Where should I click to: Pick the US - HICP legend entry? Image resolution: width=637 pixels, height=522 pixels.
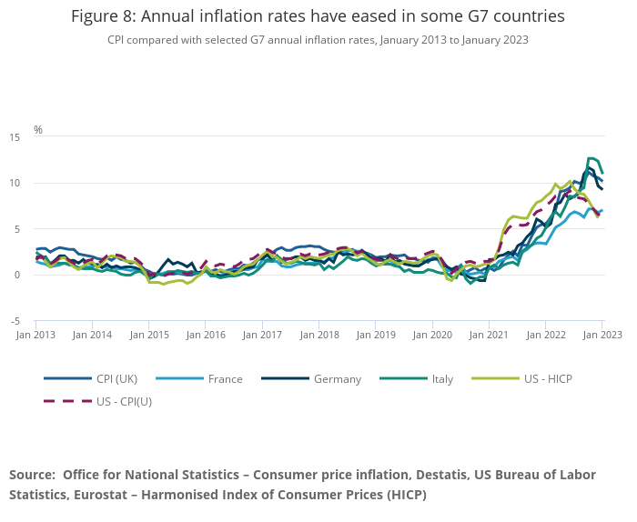click(x=543, y=379)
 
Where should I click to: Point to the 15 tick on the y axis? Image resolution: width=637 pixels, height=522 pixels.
click(x=15, y=137)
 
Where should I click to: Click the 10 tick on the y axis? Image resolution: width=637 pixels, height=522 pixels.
click(x=15, y=184)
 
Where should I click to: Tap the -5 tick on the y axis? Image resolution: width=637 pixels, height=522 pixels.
click(x=15, y=321)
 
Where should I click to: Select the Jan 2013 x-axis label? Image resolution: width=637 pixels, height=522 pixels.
click(x=36, y=335)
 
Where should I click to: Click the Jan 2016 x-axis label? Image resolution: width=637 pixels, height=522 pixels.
click(x=207, y=335)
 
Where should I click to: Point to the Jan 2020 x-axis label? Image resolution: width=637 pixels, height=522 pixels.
click(x=433, y=335)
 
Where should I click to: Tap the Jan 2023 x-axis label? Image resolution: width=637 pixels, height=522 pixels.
click(x=602, y=335)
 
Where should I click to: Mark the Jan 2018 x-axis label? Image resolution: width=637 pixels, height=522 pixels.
click(x=319, y=335)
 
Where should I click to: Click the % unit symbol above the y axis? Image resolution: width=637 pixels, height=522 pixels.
click(x=38, y=130)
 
